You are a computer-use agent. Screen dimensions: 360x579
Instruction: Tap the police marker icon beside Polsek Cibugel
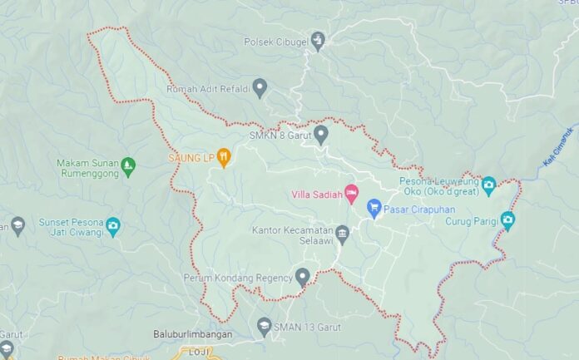pos(318,40)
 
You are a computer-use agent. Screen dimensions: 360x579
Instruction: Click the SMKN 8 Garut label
pos(278,135)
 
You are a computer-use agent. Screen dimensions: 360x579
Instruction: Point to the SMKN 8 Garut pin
pos(321,133)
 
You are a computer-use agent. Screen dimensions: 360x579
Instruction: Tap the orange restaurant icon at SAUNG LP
pos(224,156)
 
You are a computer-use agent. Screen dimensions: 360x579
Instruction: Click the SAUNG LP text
pos(191,157)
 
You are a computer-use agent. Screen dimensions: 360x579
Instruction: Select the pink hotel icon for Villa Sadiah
pos(351,194)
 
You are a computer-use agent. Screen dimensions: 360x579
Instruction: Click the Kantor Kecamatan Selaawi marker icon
pos(342,234)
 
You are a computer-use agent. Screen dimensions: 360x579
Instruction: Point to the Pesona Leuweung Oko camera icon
pos(488,185)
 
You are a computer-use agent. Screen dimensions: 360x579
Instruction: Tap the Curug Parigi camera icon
pos(507,220)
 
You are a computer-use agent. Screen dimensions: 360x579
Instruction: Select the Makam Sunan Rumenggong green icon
pos(127,165)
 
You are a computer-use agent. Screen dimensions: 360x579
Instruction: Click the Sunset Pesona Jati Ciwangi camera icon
pos(113,226)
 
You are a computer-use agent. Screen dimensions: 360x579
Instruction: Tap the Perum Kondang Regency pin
pos(303,276)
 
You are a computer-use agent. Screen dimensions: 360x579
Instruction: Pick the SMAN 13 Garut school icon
pos(264,326)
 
